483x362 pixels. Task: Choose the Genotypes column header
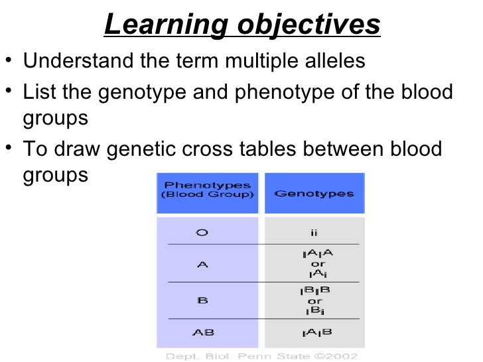point(314,194)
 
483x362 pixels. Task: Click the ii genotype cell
point(314,233)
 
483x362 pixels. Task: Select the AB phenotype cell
point(202,333)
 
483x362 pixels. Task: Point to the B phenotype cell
point(202,300)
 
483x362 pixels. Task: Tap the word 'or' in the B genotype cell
point(314,300)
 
